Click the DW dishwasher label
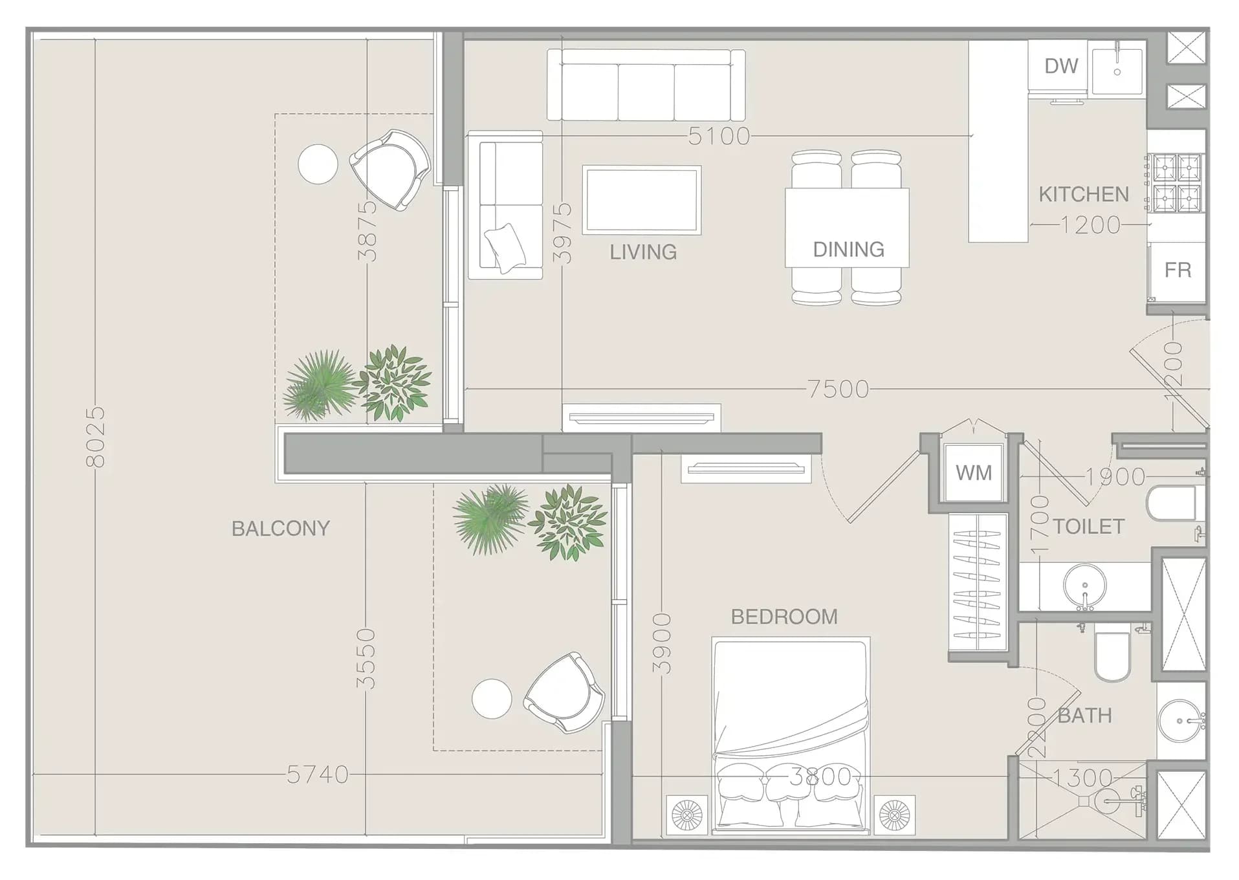[1061, 65]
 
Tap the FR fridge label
[1178, 270]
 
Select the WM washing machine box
[974, 473]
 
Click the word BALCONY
[281, 529]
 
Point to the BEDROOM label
[784, 617]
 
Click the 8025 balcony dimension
[95, 437]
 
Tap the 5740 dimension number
[318, 775]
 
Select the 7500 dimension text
[839, 389]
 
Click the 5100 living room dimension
[719, 136]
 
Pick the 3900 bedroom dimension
[661, 644]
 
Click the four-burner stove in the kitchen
[1176, 182]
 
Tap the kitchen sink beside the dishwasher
[1117, 70]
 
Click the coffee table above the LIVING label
[642, 200]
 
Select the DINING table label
[848, 250]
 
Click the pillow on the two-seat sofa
[505, 248]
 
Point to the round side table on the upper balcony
[318, 164]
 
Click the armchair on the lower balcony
[564, 692]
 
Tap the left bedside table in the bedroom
[687, 814]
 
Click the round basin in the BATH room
[1181, 720]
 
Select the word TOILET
[1088, 527]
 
